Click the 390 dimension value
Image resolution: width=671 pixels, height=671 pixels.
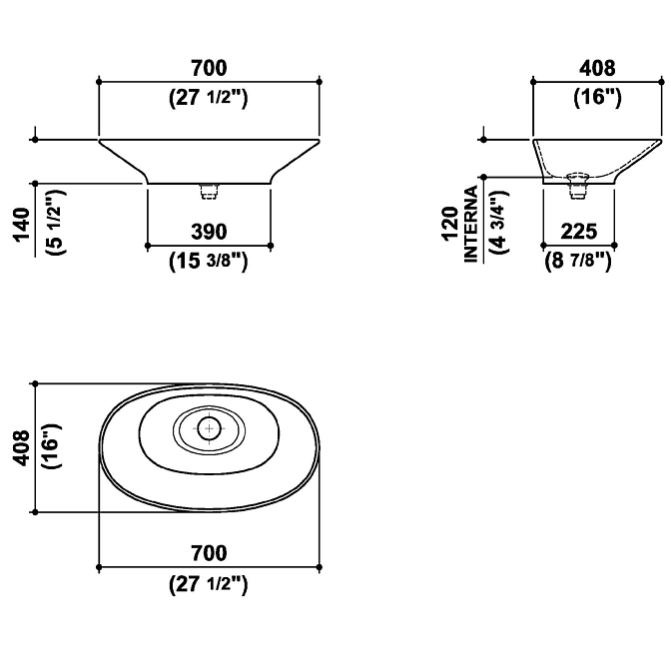tap(209, 232)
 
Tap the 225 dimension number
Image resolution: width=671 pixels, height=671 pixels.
tap(578, 232)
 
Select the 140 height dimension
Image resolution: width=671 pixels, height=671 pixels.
tap(22, 225)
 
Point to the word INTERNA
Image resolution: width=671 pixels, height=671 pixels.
tap(470, 224)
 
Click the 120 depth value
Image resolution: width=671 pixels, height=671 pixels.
tap(450, 224)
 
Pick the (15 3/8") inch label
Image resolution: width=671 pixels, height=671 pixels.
tap(209, 261)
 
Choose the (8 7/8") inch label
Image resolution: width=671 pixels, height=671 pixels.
tap(578, 260)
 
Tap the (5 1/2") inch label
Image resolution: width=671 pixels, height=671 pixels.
tap(56, 223)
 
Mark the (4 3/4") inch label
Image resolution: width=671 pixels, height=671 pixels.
tap(499, 222)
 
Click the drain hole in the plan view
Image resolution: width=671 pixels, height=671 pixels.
tap(210, 428)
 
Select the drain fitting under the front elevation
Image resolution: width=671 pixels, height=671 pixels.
tap(210, 192)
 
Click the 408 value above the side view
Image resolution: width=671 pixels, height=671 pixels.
tap(597, 68)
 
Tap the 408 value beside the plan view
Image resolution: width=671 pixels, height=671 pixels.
tap(21, 448)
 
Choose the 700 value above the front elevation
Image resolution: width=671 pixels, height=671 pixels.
tap(209, 68)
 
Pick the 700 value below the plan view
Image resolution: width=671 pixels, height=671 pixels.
tap(209, 553)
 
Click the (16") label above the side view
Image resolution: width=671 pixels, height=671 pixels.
tap(597, 98)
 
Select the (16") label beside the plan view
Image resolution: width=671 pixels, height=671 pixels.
tap(53, 446)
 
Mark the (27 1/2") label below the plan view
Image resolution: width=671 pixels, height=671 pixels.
tap(209, 584)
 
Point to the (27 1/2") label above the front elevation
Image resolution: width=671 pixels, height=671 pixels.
tap(209, 99)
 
